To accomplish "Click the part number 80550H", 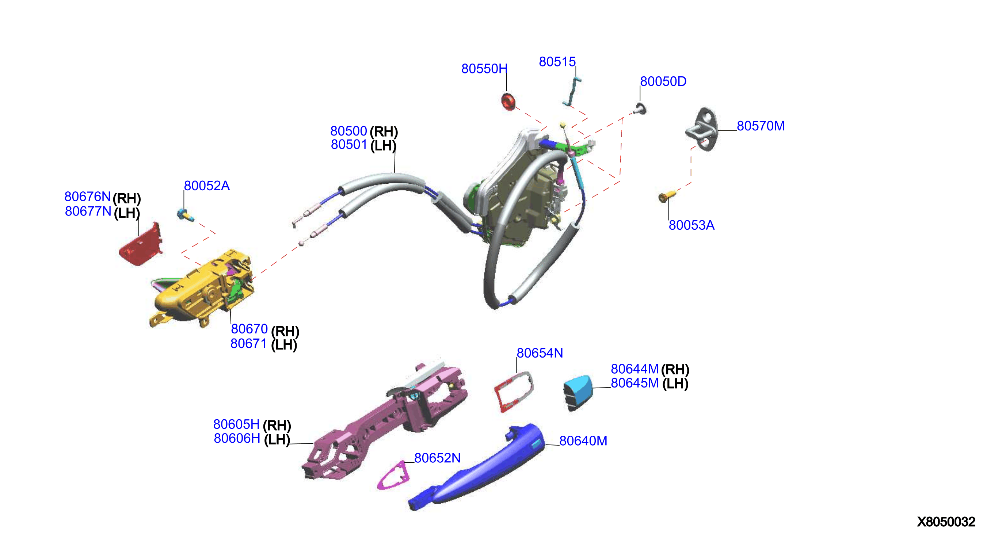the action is pyautogui.click(x=484, y=69).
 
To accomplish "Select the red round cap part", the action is pyautogui.click(x=508, y=102).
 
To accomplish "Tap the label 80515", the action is pyautogui.click(x=557, y=62).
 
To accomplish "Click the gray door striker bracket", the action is pyautogui.click(x=702, y=129).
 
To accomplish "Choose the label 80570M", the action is pyautogui.click(x=761, y=126).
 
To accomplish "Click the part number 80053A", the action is pyautogui.click(x=692, y=225).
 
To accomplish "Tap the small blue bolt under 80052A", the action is pyautogui.click(x=185, y=215).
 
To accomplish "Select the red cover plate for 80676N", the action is pyautogui.click(x=141, y=245).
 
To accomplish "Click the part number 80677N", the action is pyautogui.click(x=88, y=211).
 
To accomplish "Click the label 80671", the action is pyautogui.click(x=248, y=344).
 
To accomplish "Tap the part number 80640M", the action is pyautogui.click(x=583, y=441).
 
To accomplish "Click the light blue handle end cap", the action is pyautogui.click(x=578, y=393).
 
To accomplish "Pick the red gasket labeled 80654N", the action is pyautogui.click(x=514, y=391).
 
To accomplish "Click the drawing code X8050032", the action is pyautogui.click(x=946, y=522).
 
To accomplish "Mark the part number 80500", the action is pyautogui.click(x=348, y=131).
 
